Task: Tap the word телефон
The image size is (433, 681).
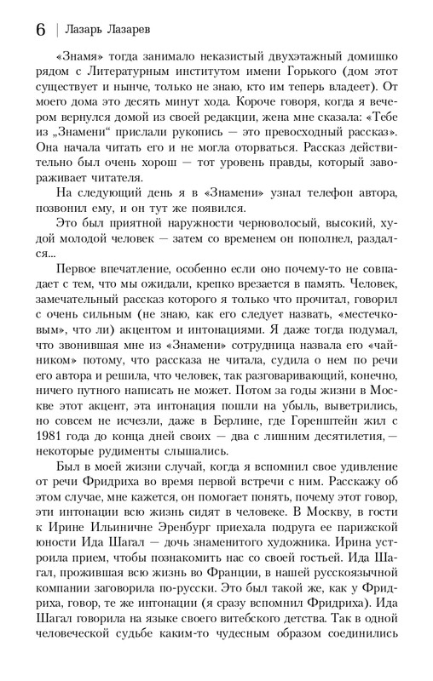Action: coord(303,192)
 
